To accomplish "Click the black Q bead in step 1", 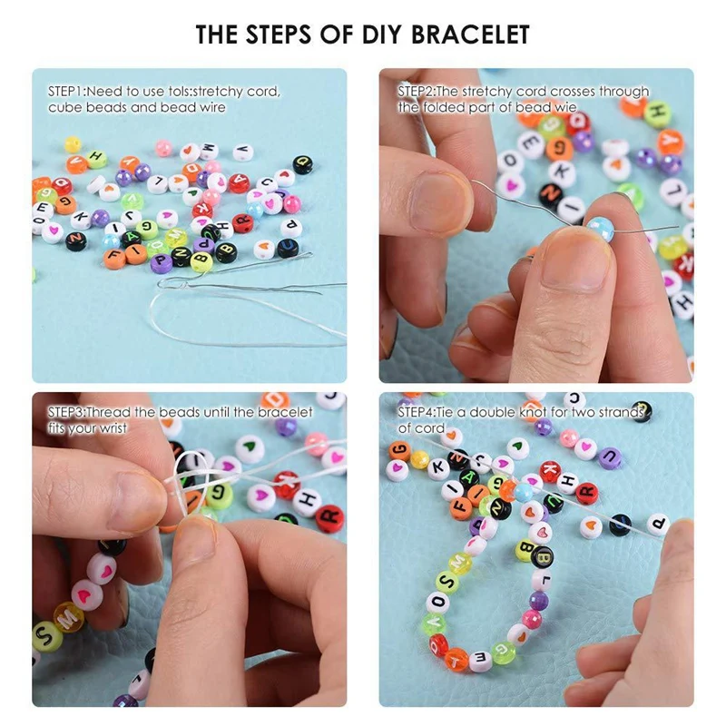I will tap(302, 164).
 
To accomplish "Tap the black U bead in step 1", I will tap(288, 247).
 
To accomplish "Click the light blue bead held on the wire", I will tap(600, 228).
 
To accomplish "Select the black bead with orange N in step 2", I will tap(550, 194).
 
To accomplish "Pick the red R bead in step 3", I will tap(329, 518).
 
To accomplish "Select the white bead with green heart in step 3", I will tap(250, 447).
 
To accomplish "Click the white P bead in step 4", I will tap(659, 524).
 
